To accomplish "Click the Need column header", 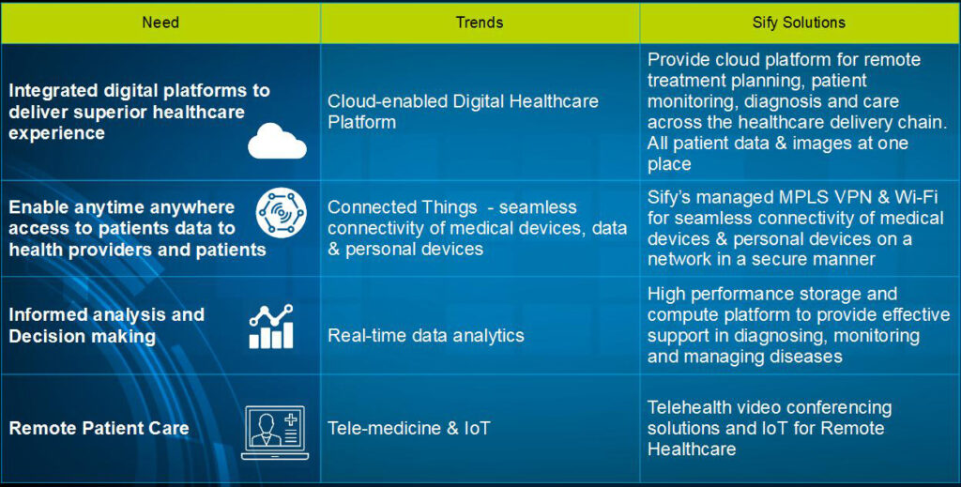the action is click(160, 23).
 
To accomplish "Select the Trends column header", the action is click(480, 23).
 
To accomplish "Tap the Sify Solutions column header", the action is click(799, 23).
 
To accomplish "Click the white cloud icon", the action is click(277, 141).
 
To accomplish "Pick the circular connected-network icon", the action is click(282, 213).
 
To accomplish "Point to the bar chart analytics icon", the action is click(271, 327).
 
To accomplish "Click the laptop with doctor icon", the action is click(275, 433).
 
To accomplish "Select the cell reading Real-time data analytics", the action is click(426, 336).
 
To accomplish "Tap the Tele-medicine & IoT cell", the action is click(409, 428).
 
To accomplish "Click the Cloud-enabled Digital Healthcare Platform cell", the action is click(463, 112).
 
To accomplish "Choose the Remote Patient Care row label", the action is click(99, 428).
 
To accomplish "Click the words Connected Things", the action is click(402, 207).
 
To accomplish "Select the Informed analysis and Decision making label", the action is click(107, 326).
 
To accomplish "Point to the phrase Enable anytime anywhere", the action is click(121, 207).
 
